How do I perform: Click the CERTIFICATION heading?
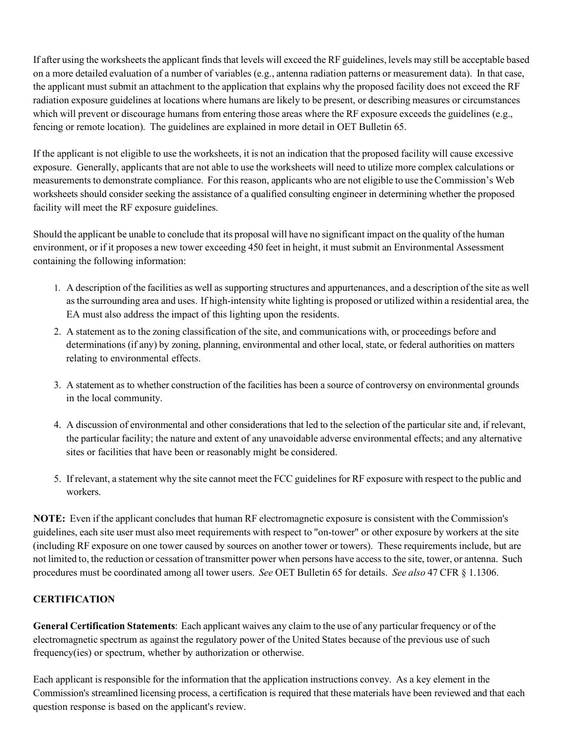(74, 599)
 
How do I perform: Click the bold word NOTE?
(49, 519)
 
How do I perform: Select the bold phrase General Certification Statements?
(104, 626)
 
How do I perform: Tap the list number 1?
(58, 288)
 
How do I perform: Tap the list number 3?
(58, 385)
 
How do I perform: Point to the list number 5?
(58, 478)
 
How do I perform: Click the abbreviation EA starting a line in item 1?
(73, 315)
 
